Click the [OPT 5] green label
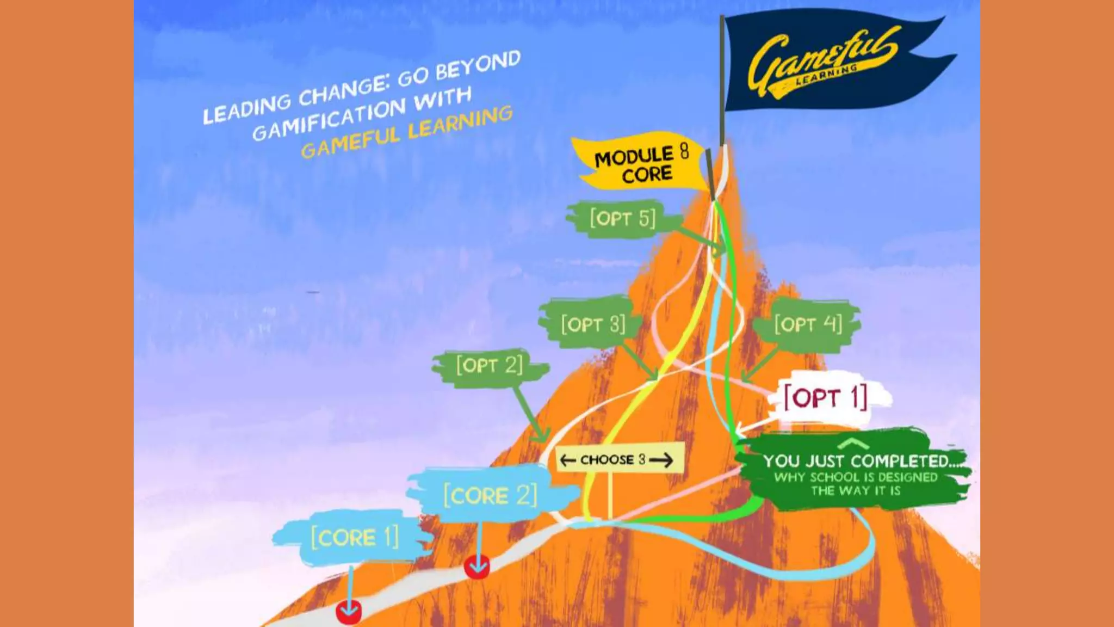coord(623,219)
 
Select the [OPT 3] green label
coord(593,324)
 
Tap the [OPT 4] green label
coord(808,324)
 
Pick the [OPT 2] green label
coord(490,365)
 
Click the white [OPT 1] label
coord(826,398)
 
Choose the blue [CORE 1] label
coord(355,538)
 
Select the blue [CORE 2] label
coord(490,496)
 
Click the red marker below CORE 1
coord(349,612)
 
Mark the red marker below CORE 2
coord(477,568)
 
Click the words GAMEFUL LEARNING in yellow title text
coord(407,132)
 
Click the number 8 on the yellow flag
coord(684,151)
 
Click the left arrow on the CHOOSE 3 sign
coord(567,460)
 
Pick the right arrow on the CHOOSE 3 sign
coord(661,460)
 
